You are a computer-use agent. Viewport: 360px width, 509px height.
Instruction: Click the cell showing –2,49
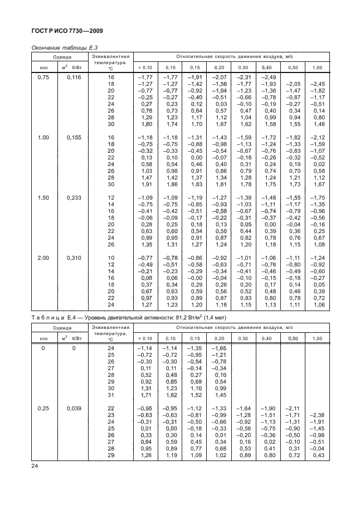tap(269, 77)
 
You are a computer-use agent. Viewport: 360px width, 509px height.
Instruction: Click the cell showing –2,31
tap(244, 77)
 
